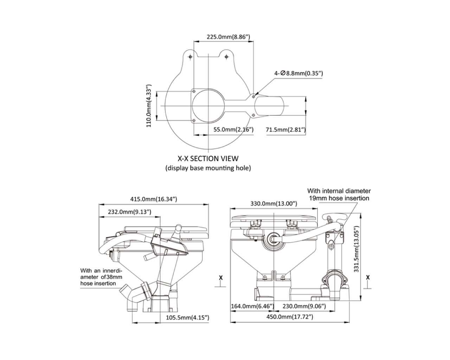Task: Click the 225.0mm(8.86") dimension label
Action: pos(224,37)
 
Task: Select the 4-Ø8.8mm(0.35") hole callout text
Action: pos(298,73)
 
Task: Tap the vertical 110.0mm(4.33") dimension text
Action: pos(149,105)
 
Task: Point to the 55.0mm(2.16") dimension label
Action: pos(233,130)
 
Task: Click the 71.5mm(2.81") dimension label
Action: pos(285,130)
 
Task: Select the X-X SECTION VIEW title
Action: pos(208,159)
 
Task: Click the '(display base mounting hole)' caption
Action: pos(208,168)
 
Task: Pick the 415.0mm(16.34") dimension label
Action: pos(154,199)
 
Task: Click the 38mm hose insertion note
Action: pos(101,277)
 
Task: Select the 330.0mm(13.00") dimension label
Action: pos(274,203)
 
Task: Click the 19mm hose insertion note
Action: pos(339,194)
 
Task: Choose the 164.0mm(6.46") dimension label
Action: pos(252,306)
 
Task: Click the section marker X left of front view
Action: pos(221,278)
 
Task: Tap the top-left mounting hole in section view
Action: pos(190,57)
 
